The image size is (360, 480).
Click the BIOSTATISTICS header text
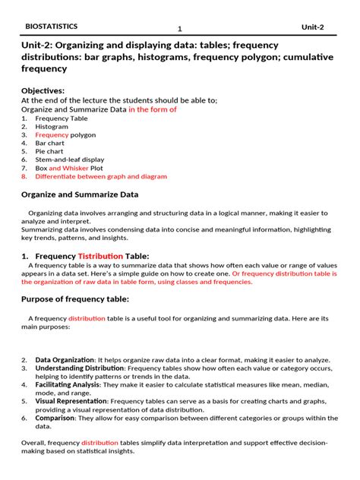click(52, 26)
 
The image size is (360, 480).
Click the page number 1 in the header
click(180, 29)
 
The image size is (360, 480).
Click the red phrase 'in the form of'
click(152, 109)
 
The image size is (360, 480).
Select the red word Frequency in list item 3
click(52, 135)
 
